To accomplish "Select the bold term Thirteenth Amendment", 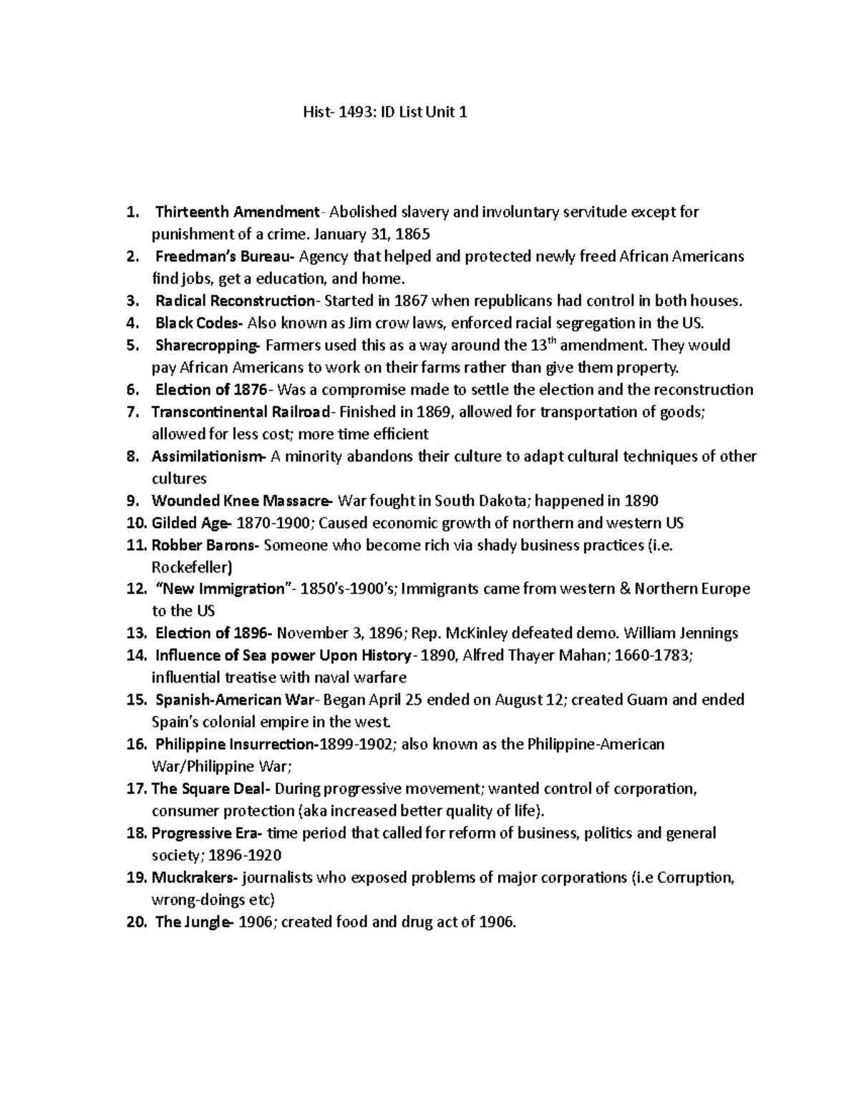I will tap(237, 212).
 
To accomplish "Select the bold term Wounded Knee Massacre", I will tap(241, 501).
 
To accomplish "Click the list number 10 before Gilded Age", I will tap(135, 523).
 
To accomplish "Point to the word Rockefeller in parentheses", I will tap(191, 567).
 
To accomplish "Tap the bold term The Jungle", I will tap(192, 921).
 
